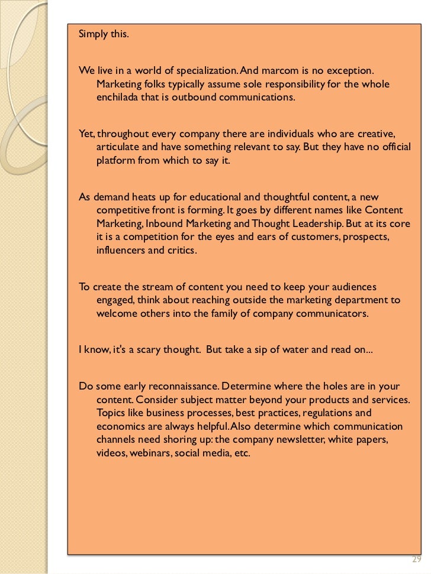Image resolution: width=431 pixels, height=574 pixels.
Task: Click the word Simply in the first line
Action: click(x=92, y=34)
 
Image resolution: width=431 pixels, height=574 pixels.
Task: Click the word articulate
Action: click(x=118, y=147)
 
